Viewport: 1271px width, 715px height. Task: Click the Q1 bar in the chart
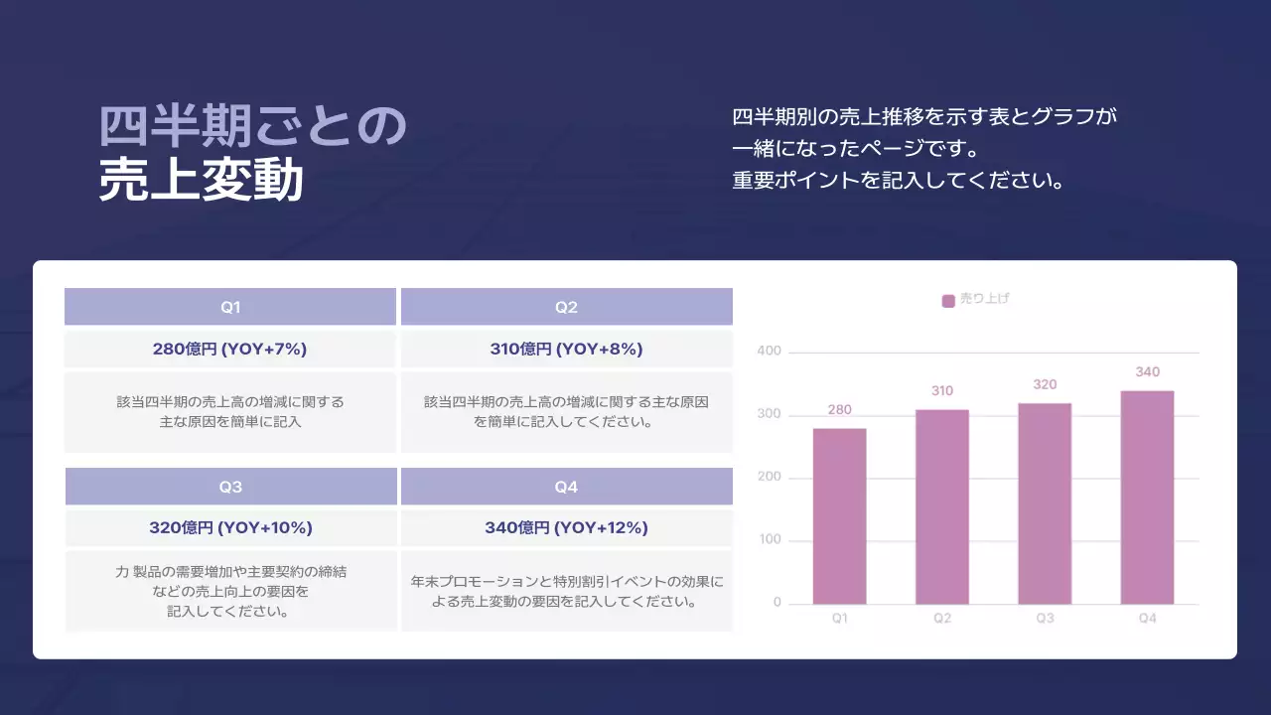pyautogui.click(x=839, y=516)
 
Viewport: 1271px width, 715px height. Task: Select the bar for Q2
pyautogui.click(x=941, y=506)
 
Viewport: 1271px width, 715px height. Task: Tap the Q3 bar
pyautogui.click(x=1045, y=503)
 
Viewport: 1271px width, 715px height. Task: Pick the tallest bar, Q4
pyautogui.click(x=1147, y=497)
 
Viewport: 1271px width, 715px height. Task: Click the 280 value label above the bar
pyautogui.click(x=839, y=409)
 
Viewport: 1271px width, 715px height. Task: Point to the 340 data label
pyautogui.click(x=1147, y=372)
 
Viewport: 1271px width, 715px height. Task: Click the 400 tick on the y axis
pyautogui.click(x=770, y=352)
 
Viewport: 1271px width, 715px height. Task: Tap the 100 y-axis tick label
pyautogui.click(x=770, y=540)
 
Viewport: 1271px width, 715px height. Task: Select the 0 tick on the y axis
pyautogui.click(x=777, y=603)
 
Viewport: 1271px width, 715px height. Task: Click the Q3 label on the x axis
pyautogui.click(x=1045, y=619)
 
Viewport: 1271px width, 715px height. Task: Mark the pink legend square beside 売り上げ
pyautogui.click(x=948, y=300)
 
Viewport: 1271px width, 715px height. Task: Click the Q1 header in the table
pyautogui.click(x=230, y=307)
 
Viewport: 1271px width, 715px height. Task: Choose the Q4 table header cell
pyautogui.click(x=566, y=487)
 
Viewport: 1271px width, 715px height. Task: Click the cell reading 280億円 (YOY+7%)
pyautogui.click(x=230, y=350)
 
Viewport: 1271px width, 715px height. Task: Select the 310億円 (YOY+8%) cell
pyautogui.click(x=566, y=350)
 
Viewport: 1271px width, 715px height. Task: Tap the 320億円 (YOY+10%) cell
pyautogui.click(x=230, y=527)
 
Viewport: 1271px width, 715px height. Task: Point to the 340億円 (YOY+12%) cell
pyautogui.click(x=566, y=527)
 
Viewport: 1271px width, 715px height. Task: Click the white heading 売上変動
pyautogui.click(x=201, y=181)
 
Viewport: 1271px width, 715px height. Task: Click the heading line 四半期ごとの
pyautogui.click(x=253, y=126)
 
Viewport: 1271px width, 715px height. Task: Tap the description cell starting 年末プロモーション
pyautogui.click(x=566, y=591)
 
